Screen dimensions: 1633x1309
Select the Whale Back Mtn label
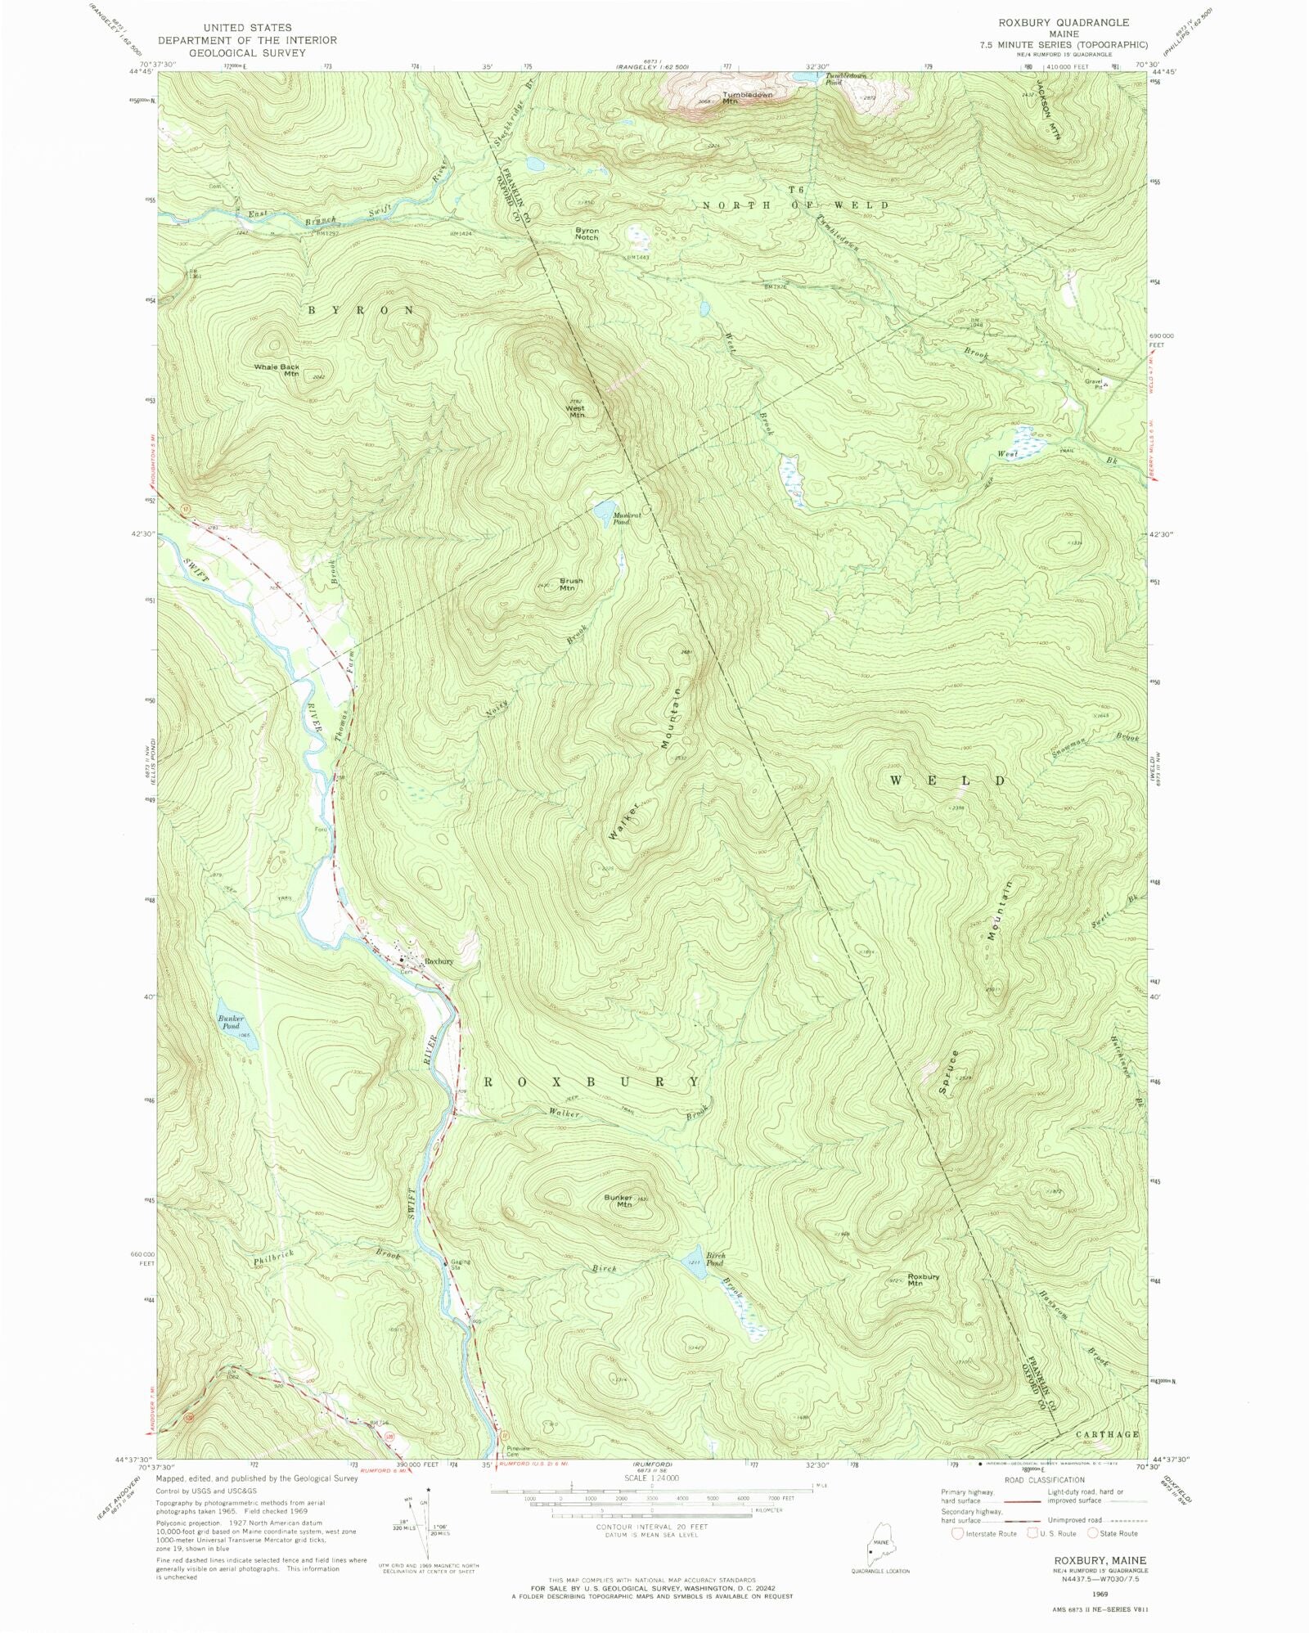click(x=277, y=369)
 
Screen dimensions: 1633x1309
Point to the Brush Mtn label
click(x=570, y=584)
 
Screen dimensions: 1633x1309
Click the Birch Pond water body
click(x=692, y=1260)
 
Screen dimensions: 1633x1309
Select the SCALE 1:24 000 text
click(x=652, y=1478)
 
